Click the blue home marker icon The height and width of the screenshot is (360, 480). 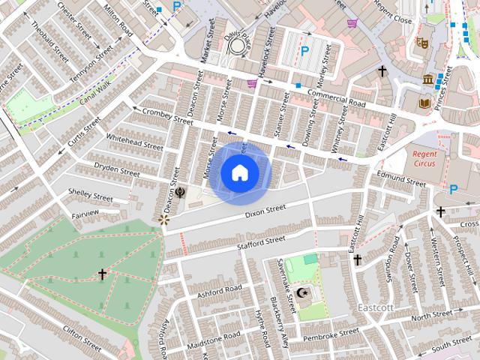pos(239,173)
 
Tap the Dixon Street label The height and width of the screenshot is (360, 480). pos(265,211)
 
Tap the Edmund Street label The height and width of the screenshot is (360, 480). pos(401,178)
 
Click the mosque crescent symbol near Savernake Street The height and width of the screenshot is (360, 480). pos(303,292)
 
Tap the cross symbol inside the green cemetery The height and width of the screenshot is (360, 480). pos(103,274)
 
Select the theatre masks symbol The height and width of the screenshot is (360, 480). pos(421,43)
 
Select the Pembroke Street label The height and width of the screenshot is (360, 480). pos(328,334)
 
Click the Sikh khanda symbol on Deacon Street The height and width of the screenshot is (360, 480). pos(181,192)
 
